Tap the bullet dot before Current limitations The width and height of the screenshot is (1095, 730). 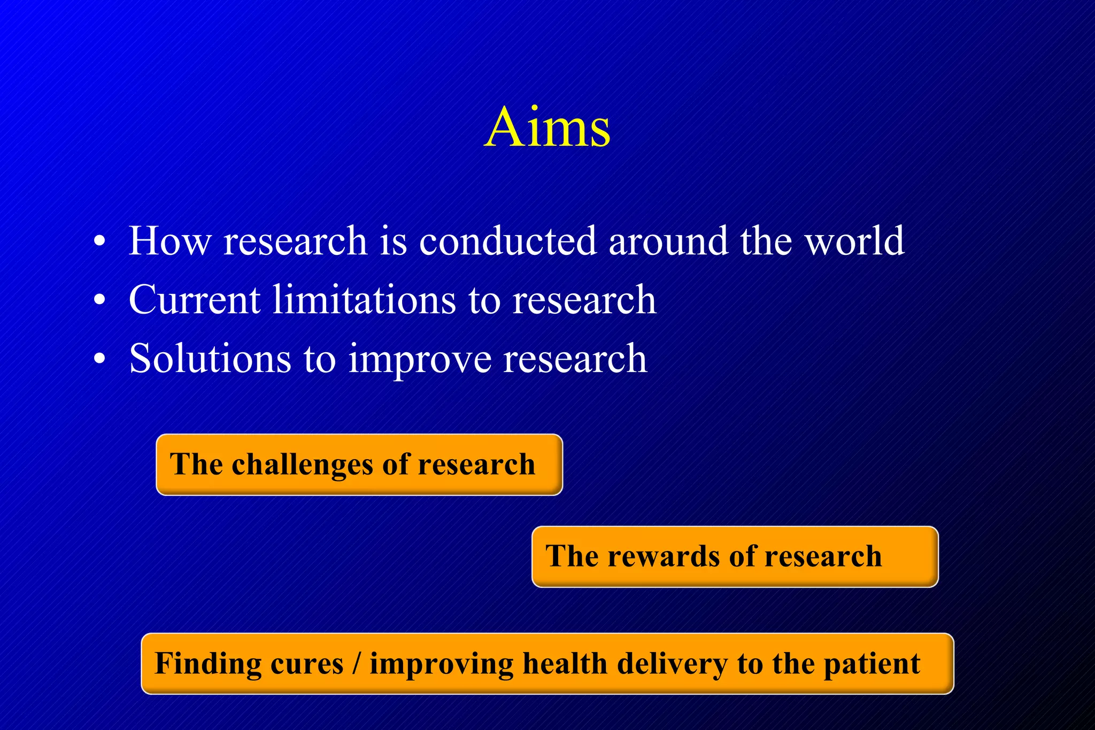point(99,300)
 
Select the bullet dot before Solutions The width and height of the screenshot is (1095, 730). point(99,359)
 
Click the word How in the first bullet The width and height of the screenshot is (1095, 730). point(170,241)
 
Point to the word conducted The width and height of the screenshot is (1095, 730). point(507,241)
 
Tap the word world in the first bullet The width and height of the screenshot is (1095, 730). point(854,241)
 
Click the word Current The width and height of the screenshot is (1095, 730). point(195,300)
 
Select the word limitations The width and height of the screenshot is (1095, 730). point(364,300)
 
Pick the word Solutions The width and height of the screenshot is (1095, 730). point(210,359)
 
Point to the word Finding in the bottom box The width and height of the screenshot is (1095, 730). point(207,664)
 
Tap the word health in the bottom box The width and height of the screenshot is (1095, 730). point(565,664)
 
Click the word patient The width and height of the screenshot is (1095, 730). point(872,664)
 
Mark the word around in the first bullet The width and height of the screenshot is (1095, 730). point(668,241)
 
